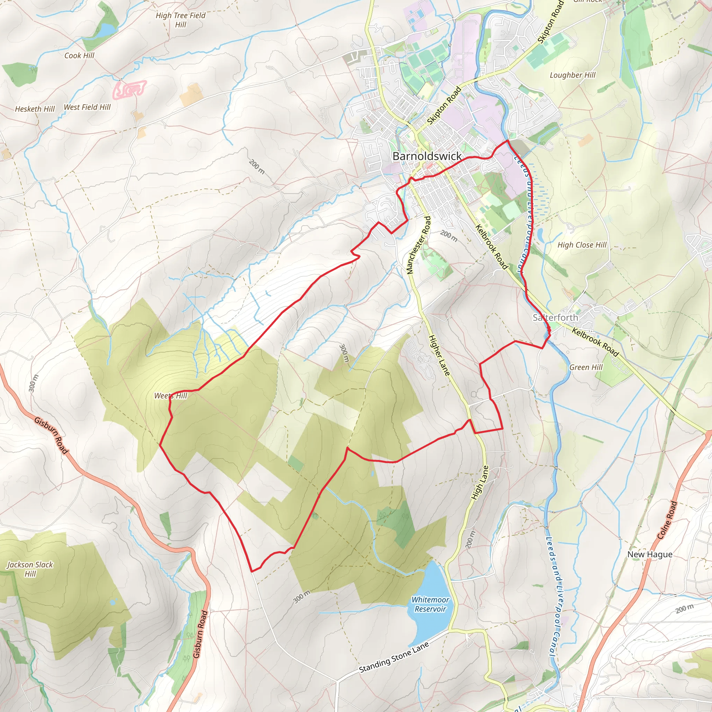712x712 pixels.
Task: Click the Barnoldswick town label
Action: click(427, 156)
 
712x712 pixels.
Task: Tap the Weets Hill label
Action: click(171, 396)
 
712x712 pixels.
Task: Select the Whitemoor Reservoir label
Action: click(430, 604)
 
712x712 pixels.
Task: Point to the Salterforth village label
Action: click(555, 317)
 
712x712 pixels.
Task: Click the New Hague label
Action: click(650, 554)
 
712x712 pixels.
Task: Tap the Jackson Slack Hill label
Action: click(30, 569)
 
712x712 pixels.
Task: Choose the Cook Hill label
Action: click(79, 56)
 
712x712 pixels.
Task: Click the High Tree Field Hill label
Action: click(180, 20)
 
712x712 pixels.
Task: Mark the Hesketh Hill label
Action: click(35, 109)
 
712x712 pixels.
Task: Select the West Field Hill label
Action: click(87, 107)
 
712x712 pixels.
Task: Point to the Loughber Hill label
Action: click(572, 75)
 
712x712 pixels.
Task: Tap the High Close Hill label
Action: click(582, 245)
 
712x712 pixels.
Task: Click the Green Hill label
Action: click(585, 367)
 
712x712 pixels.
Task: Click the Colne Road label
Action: click(667, 520)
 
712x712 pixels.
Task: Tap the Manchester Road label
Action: click(418, 245)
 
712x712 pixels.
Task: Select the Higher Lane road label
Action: click(439, 355)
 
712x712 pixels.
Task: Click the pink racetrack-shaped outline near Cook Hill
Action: click(129, 90)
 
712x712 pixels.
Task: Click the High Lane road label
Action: click(480, 483)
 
